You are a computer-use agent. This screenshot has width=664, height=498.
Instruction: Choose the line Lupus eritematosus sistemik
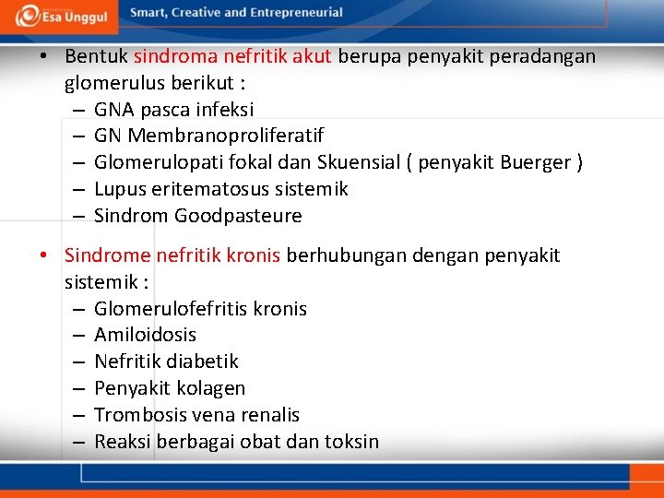click(x=221, y=189)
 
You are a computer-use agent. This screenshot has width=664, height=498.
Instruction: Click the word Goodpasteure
click(x=238, y=216)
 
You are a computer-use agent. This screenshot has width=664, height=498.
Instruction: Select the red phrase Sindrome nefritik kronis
click(x=172, y=255)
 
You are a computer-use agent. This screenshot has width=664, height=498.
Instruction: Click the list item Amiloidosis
click(x=145, y=335)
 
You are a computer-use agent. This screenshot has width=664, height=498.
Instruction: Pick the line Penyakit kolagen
click(x=170, y=388)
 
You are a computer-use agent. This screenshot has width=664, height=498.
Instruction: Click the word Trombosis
click(x=137, y=415)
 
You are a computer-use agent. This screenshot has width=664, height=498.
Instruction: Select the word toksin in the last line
click(x=351, y=442)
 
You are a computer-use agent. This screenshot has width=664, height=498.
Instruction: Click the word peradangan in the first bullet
click(x=542, y=56)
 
